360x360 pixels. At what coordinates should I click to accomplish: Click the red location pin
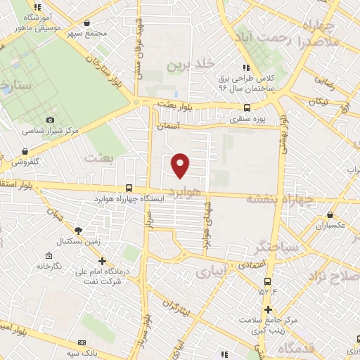[x=181, y=165]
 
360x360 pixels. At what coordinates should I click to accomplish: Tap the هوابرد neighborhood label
[x=186, y=191]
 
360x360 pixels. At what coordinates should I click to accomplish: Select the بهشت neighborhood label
[x=98, y=157]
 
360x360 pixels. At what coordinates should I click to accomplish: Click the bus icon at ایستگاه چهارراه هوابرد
[x=128, y=188]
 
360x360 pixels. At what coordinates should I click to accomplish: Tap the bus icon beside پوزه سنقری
[x=246, y=108]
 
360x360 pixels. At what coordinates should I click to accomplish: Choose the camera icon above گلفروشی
[x=25, y=151]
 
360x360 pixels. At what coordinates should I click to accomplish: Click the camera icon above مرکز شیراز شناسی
[x=49, y=121]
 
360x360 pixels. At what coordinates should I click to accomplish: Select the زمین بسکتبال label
[x=79, y=240]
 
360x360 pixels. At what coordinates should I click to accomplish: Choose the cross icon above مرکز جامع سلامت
[x=268, y=309]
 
